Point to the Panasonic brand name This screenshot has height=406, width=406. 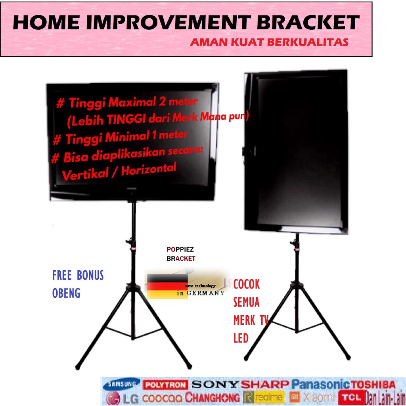tap(320, 384)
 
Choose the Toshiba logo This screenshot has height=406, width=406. tap(373, 385)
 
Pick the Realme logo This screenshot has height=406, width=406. tap(264, 397)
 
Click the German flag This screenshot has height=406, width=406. tap(167, 286)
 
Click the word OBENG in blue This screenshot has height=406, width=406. tap(66, 293)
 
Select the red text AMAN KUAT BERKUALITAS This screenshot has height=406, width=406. tap(269, 42)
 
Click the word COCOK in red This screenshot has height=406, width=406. tap(246, 284)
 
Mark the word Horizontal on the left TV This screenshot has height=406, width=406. tap(149, 170)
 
